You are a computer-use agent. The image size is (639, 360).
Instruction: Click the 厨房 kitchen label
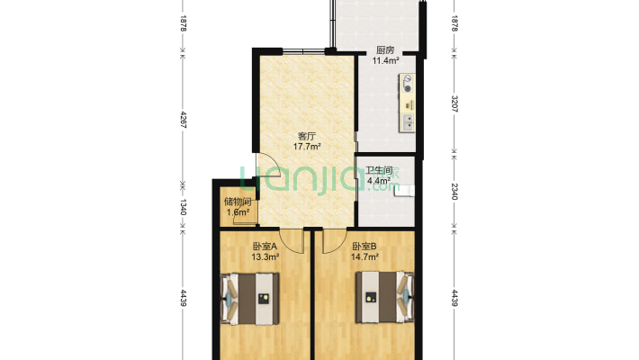click(386, 50)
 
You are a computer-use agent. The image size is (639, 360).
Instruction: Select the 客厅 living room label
click(307, 136)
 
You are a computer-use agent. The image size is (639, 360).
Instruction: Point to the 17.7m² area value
click(307, 146)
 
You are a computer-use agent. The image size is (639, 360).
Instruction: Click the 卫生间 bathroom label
click(378, 170)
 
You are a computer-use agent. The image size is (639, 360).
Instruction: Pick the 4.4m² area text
click(378, 180)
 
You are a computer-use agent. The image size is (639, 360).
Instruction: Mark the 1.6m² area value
click(238, 212)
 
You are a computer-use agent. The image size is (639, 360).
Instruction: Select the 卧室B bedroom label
click(364, 247)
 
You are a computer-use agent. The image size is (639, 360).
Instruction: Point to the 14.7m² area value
click(364, 256)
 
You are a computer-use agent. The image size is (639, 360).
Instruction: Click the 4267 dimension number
click(184, 120)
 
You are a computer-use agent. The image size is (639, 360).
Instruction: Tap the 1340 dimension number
click(184, 206)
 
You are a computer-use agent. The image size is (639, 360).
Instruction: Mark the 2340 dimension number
click(454, 191)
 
